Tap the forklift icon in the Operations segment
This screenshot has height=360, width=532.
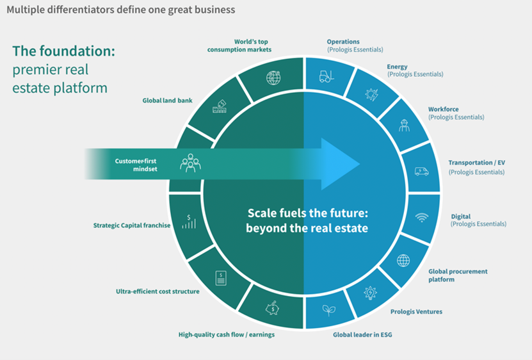[x=327, y=77]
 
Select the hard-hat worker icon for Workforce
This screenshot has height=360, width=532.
[x=404, y=125]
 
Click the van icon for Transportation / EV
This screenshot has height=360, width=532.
[x=421, y=170]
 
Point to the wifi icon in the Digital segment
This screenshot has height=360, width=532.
[x=421, y=217]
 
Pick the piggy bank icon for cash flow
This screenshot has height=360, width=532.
[x=272, y=308]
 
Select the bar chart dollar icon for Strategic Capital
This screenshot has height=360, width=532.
[x=189, y=222]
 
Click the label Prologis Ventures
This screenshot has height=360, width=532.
[x=416, y=312]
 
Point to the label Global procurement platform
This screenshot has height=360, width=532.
[x=458, y=275]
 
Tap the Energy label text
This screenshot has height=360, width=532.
[x=398, y=66]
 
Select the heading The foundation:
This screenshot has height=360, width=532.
[x=63, y=52]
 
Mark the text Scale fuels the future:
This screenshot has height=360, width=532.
[x=307, y=213]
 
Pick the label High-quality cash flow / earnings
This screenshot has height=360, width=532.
[x=227, y=334]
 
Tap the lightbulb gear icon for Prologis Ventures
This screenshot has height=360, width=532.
[x=370, y=292]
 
